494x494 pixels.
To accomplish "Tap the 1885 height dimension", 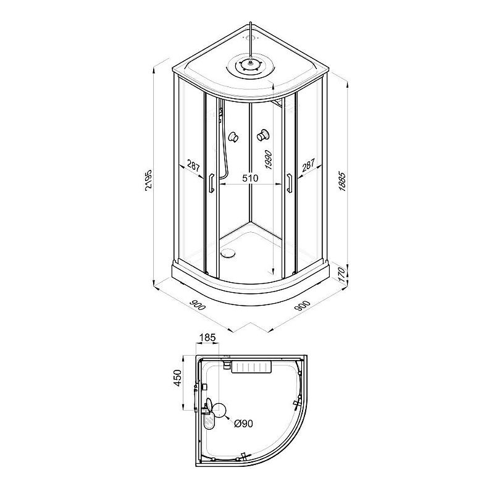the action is [x=342, y=182].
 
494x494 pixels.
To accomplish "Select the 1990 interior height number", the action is [x=269, y=160].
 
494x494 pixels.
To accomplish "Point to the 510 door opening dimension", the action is [x=250, y=178].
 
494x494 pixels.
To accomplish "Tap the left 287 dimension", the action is [x=193, y=165].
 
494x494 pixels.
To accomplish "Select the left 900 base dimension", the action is [x=198, y=305].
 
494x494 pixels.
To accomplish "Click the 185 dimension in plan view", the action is [x=207, y=337].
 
